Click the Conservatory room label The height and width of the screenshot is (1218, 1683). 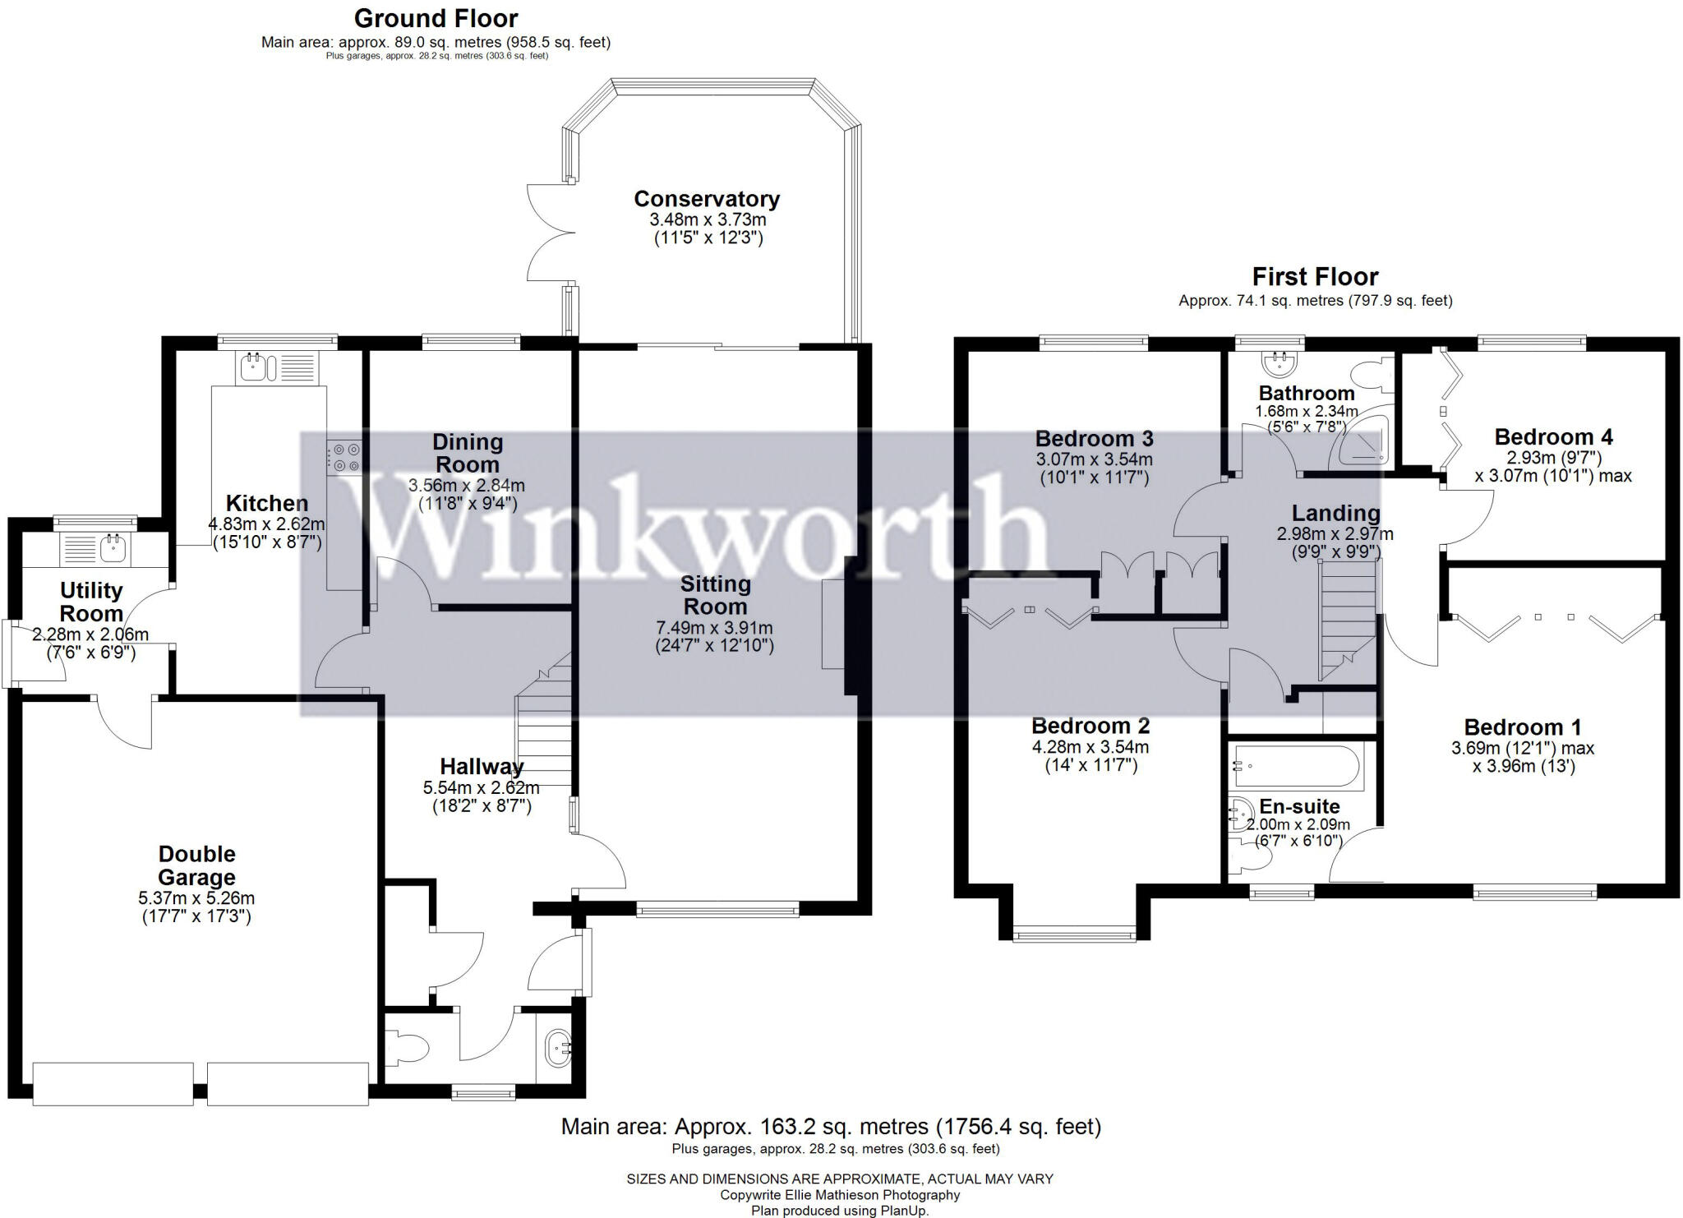pyautogui.click(x=706, y=199)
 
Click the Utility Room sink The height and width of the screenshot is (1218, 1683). pyautogui.click(x=113, y=548)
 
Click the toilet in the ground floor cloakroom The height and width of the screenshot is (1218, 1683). pyautogui.click(x=408, y=1050)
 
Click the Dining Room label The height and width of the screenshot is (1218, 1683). pyautogui.click(x=467, y=453)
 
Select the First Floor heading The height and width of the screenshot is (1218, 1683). pyautogui.click(x=1315, y=276)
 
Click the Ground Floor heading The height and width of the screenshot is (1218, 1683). pyautogui.click(x=436, y=18)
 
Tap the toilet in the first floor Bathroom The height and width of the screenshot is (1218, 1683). pyautogui.click(x=1373, y=376)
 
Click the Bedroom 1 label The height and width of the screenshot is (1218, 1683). pyautogui.click(x=1522, y=727)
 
